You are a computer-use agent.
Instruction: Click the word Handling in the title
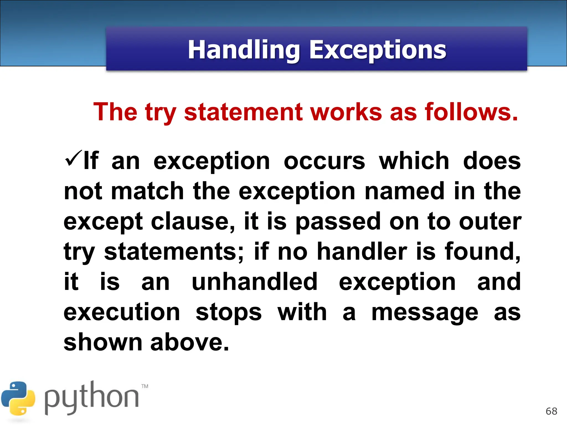point(244,50)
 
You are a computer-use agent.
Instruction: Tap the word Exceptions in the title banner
point(377,50)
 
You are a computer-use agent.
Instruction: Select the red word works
point(346,112)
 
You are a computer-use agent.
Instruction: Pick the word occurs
point(324,161)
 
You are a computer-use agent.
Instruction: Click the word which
point(414,161)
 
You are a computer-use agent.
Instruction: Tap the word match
point(147,191)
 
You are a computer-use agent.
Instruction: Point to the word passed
point(338,222)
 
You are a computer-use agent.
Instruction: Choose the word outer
point(490,222)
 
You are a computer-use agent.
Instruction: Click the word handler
point(362,252)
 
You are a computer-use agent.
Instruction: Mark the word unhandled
point(254,282)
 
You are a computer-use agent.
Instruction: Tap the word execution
point(122,312)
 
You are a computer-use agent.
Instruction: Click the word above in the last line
point(190,343)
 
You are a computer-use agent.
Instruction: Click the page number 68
point(551,411)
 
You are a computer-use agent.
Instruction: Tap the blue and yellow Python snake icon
point(18,398)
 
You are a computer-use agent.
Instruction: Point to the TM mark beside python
point(145,386)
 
